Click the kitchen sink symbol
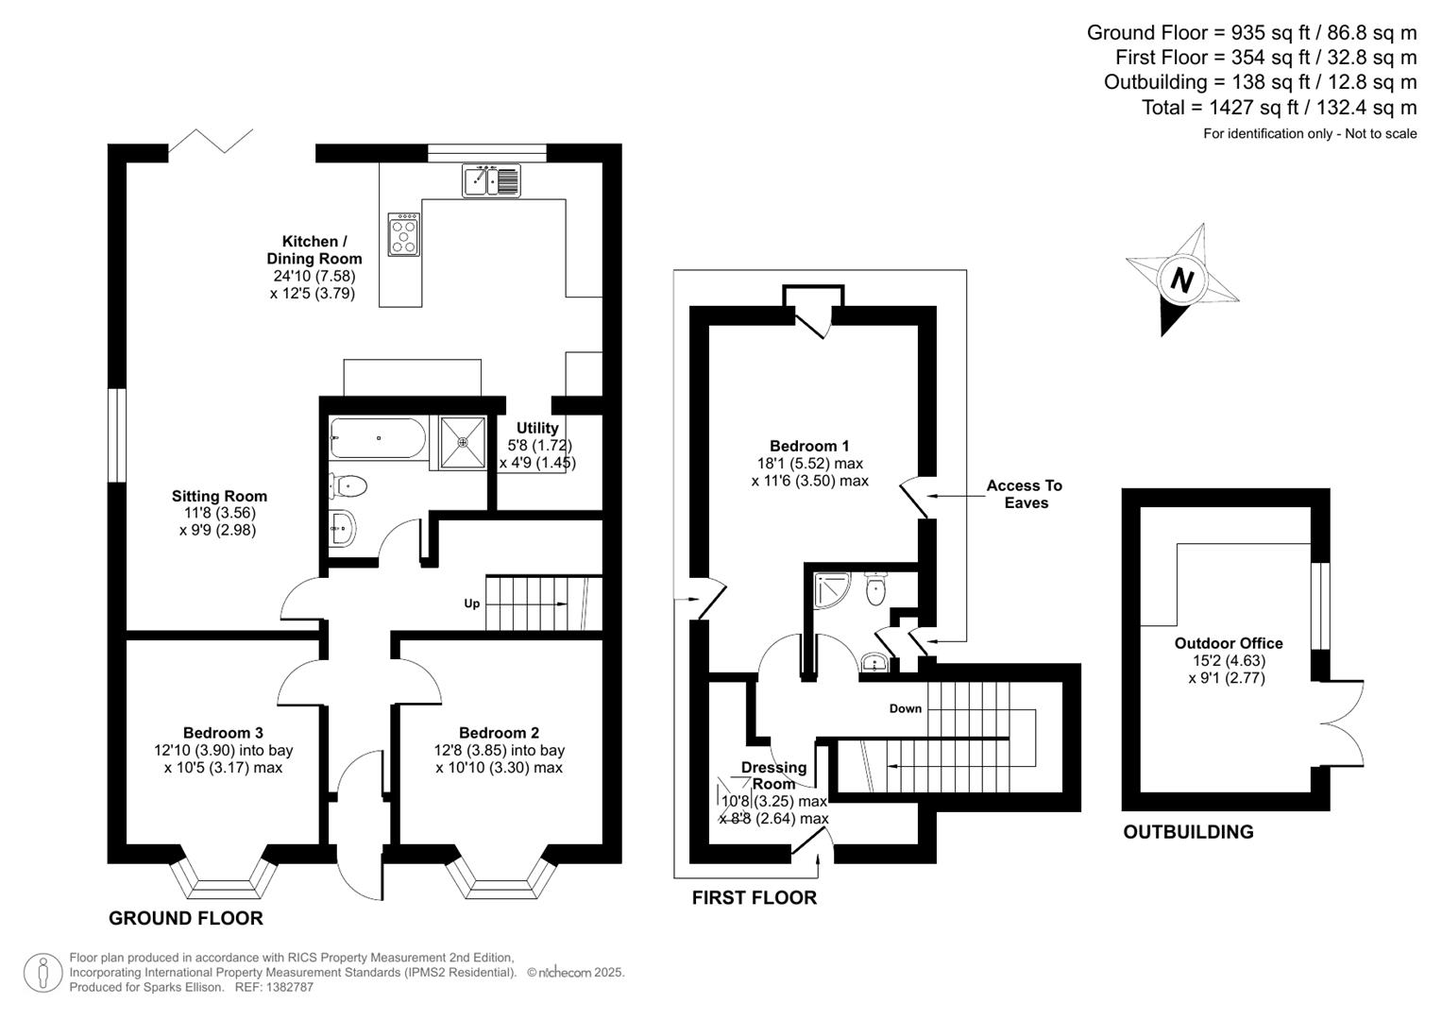491,180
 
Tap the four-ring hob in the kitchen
404,234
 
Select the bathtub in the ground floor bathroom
377,438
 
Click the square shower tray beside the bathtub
462,441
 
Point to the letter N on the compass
1181,280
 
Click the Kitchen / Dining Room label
314,250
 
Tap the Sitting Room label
219,496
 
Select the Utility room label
537,428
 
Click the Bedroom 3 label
223,733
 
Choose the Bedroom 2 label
499,733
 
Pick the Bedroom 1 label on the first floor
809,446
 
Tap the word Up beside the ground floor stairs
471,603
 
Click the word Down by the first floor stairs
905,708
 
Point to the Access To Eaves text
1025,494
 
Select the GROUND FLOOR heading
186,918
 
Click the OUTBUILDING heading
1188,832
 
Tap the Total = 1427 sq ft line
1279,108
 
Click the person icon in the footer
42,973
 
